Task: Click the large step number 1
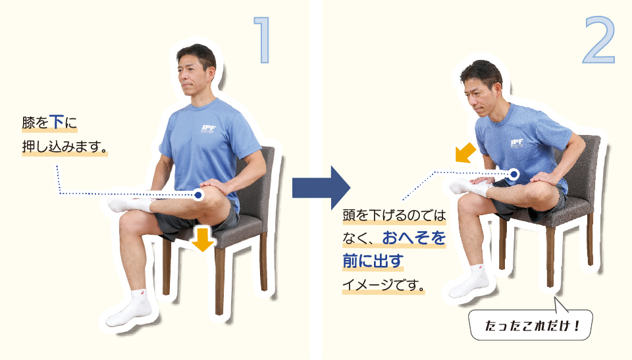(x=263, y=39)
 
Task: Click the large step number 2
(x=599, y=40)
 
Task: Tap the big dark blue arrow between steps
(x=321, y=188)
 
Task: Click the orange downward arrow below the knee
(x=202, y=240)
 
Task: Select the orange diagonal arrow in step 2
(x=465, y=153)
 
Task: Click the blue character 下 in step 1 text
(x=57, y=122)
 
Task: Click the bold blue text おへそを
(x=414, y=238)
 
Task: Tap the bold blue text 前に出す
(x=373, y=261)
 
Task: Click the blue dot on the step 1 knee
(x=198, y=195)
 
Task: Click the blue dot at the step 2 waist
(x=513, y=174)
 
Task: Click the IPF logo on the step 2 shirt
(x=516, y=143)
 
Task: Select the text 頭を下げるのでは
(x=394, y=215)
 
